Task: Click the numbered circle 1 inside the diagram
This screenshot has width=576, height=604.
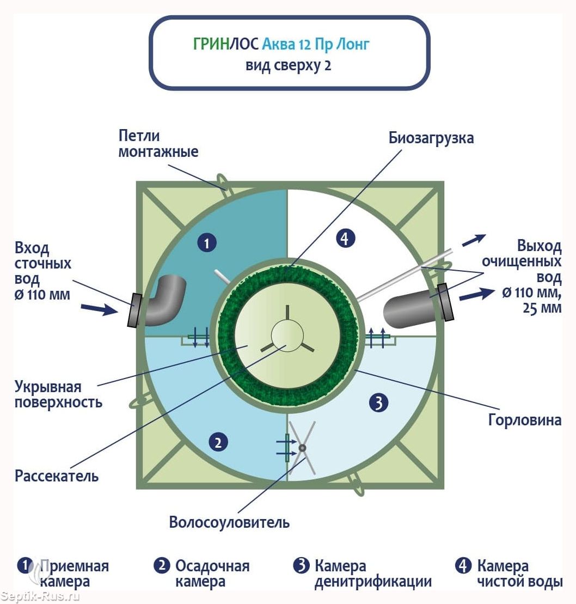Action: coord(207,243)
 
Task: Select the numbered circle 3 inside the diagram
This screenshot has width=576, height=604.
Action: coord(378,403)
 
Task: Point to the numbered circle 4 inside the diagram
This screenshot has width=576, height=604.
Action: coord(345,238)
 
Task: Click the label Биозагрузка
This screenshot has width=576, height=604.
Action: coord(431,138)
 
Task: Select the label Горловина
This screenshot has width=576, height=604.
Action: coord(524,420)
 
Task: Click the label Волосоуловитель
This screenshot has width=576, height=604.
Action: coord(229,523)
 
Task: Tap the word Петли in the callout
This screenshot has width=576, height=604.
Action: coord(139,136)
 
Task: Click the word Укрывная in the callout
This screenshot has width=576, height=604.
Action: coord(48,387)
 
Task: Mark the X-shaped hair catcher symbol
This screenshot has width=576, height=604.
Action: coord(302,448)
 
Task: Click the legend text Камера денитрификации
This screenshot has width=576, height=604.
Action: coord(373,574)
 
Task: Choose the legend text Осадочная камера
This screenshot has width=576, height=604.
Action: coord(212,574)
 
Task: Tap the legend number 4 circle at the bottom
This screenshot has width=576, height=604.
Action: coord(463,566)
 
